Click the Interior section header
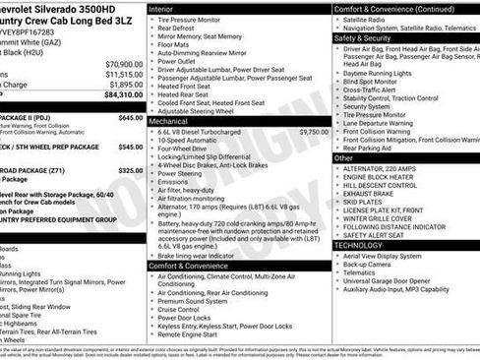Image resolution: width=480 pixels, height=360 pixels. pyautogui.click(x=161, y=8)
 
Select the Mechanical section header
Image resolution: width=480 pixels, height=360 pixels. pyautogui.click(x=170, y=120)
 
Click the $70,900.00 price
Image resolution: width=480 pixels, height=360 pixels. pyautogui.click(x=124, y=63)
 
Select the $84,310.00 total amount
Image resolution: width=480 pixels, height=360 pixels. pyautogui.click(x=123, y=95)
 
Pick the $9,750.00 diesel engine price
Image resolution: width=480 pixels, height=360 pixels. pyautogui.click(x=314, y=131)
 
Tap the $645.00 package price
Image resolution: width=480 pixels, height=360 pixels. pyautogui.click(x=131, y=117)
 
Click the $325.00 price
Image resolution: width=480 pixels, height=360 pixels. pyautogui.click(x=131, y=170)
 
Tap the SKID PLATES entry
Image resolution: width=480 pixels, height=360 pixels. pyautogui.click(x=364, y=201)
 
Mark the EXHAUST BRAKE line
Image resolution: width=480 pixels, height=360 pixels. pyautogui.click(x=370, y=193)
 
